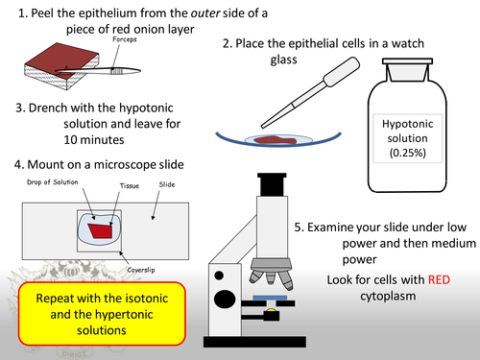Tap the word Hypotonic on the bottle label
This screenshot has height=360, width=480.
[x=415, y=125]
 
